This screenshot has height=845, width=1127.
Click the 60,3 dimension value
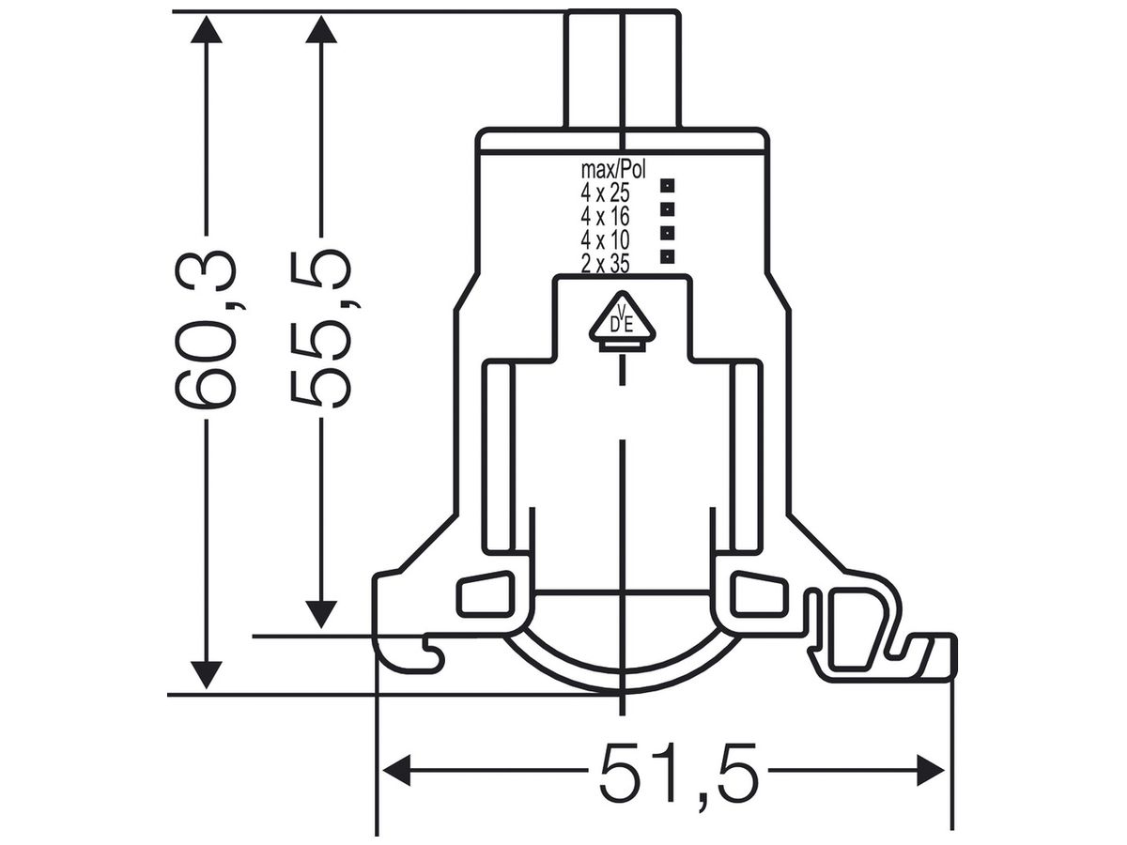[207, 329]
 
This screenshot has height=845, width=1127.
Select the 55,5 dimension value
[321, 329]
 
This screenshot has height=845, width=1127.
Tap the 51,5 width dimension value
[678, 771]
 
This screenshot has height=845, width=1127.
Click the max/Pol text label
[613, 170]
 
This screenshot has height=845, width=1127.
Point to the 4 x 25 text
[605, 193]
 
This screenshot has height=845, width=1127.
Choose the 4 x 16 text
[605, 217]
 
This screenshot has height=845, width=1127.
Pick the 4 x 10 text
[605, 240]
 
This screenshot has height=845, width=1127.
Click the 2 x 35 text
[605, 264]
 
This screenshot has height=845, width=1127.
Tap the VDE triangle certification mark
[623, 322]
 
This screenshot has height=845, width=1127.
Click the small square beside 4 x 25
[668, 185]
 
